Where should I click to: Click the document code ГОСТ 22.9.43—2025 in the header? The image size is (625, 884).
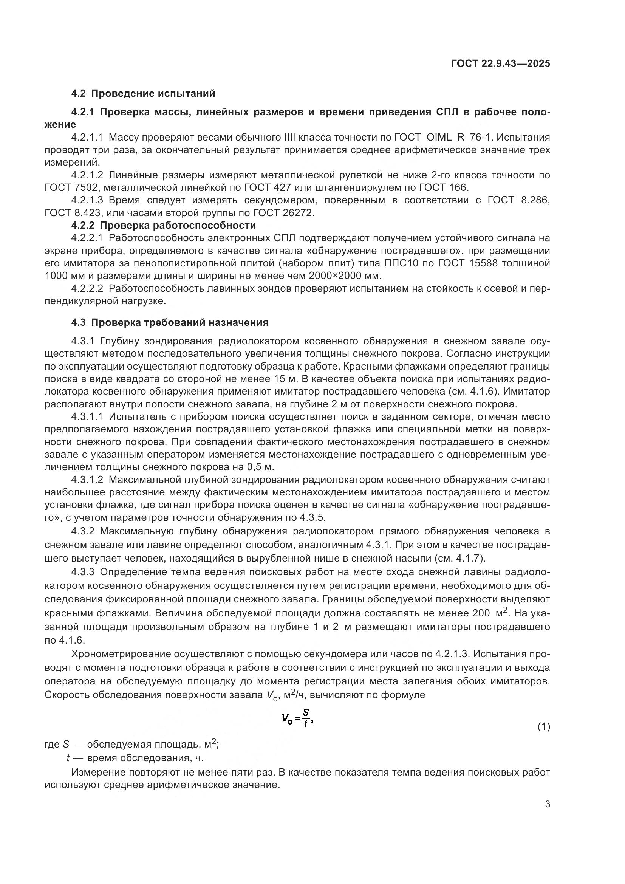(500, 63)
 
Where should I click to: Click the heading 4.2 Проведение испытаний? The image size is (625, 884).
(143, 94)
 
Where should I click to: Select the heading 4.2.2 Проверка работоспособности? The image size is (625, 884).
(164, 225)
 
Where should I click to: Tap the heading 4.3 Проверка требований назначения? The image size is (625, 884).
(170, 322)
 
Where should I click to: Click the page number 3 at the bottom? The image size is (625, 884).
(547, 804)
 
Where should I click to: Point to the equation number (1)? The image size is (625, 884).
(543, 727)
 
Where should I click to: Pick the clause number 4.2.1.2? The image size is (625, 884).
(87, 175)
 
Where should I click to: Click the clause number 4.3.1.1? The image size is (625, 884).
(87, 416)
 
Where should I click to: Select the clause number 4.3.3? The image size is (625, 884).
(83, 572)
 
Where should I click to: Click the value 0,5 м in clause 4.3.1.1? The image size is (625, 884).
(259, 468)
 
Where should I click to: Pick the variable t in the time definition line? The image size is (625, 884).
(68, 758)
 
